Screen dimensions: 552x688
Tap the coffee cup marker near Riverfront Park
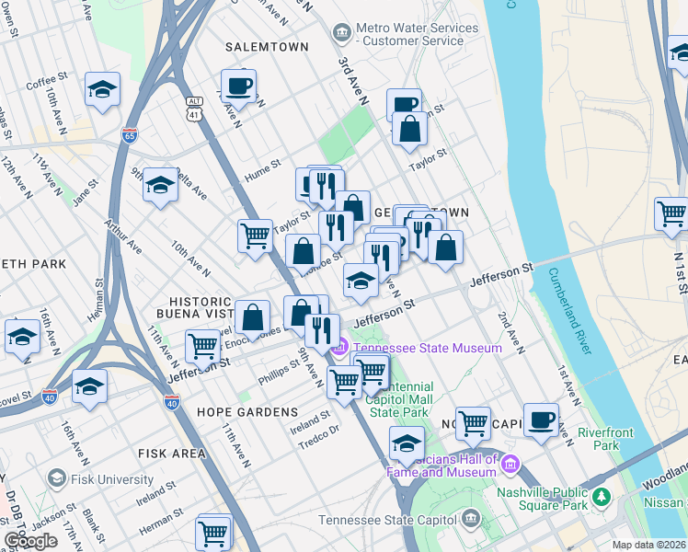[x=542, y=419]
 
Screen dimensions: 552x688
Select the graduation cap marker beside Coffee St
[x=103, y=89]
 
